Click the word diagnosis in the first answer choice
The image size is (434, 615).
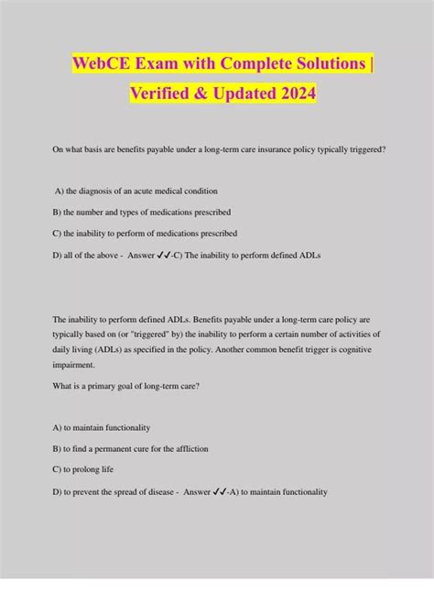click(95, 191)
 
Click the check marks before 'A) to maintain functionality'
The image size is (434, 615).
click(220, 491)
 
